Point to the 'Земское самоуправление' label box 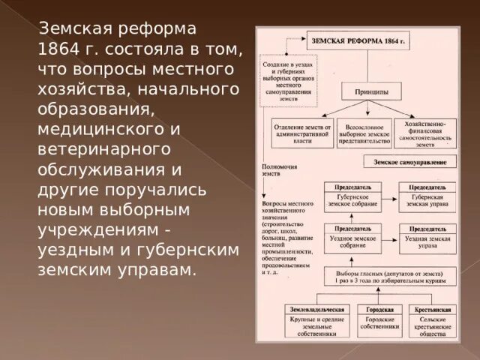pos(409,161)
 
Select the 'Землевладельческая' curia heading pos(316,308)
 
